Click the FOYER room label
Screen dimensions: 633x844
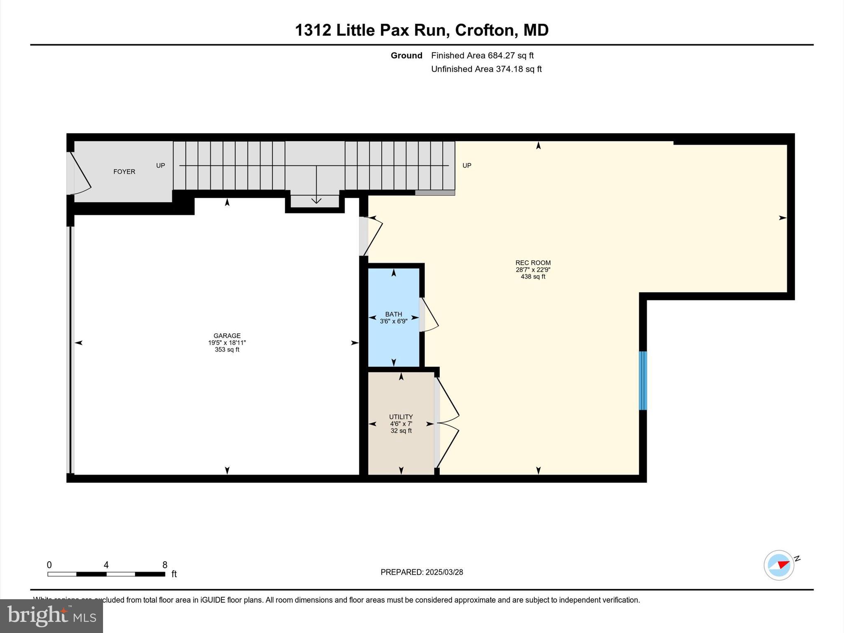coord(124,172)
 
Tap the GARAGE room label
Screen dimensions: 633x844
coord(227,335)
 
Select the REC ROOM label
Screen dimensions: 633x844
coord(533,263)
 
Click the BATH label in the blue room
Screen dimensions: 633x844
coord(394,314)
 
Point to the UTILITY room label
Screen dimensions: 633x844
coord(401,417)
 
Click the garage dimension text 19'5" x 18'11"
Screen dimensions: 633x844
coord(227,343)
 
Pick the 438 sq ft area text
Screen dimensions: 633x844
coord(533,277)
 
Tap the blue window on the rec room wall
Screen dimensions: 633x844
coord(642,380)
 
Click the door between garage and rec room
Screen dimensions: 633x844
coord(371,236)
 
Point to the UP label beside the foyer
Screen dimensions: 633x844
coord(160,166)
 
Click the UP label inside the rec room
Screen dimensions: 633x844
coord(467,166)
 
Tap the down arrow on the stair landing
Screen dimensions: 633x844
coord(316,199)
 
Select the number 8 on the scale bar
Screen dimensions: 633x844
coord(165,565)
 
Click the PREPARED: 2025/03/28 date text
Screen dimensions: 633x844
coord(422,572)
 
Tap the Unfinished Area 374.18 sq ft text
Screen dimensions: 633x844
coord(486,69)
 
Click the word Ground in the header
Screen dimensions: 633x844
coord(406,56)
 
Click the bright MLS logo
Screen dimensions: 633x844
coord(51,616)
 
